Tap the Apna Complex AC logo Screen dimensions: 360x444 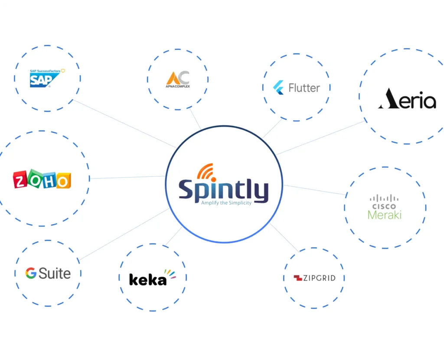(178, 79)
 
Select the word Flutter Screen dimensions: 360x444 (304, 88)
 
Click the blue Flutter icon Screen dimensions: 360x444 (278, 88)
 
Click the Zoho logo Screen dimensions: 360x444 (42, 179)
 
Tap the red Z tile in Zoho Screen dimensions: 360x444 (20, 180)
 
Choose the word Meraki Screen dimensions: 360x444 (385, 215)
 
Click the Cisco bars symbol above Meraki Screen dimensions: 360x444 (384, 198)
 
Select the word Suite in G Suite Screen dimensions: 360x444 (55, 273)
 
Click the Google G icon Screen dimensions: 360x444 (31, 273)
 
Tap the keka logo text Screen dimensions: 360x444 (148, 279)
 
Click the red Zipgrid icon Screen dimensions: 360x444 (298, 278)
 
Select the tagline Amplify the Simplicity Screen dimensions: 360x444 (226, 203)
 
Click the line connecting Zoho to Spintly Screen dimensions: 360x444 (128, 177)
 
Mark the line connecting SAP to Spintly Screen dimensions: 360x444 (126, 124)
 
